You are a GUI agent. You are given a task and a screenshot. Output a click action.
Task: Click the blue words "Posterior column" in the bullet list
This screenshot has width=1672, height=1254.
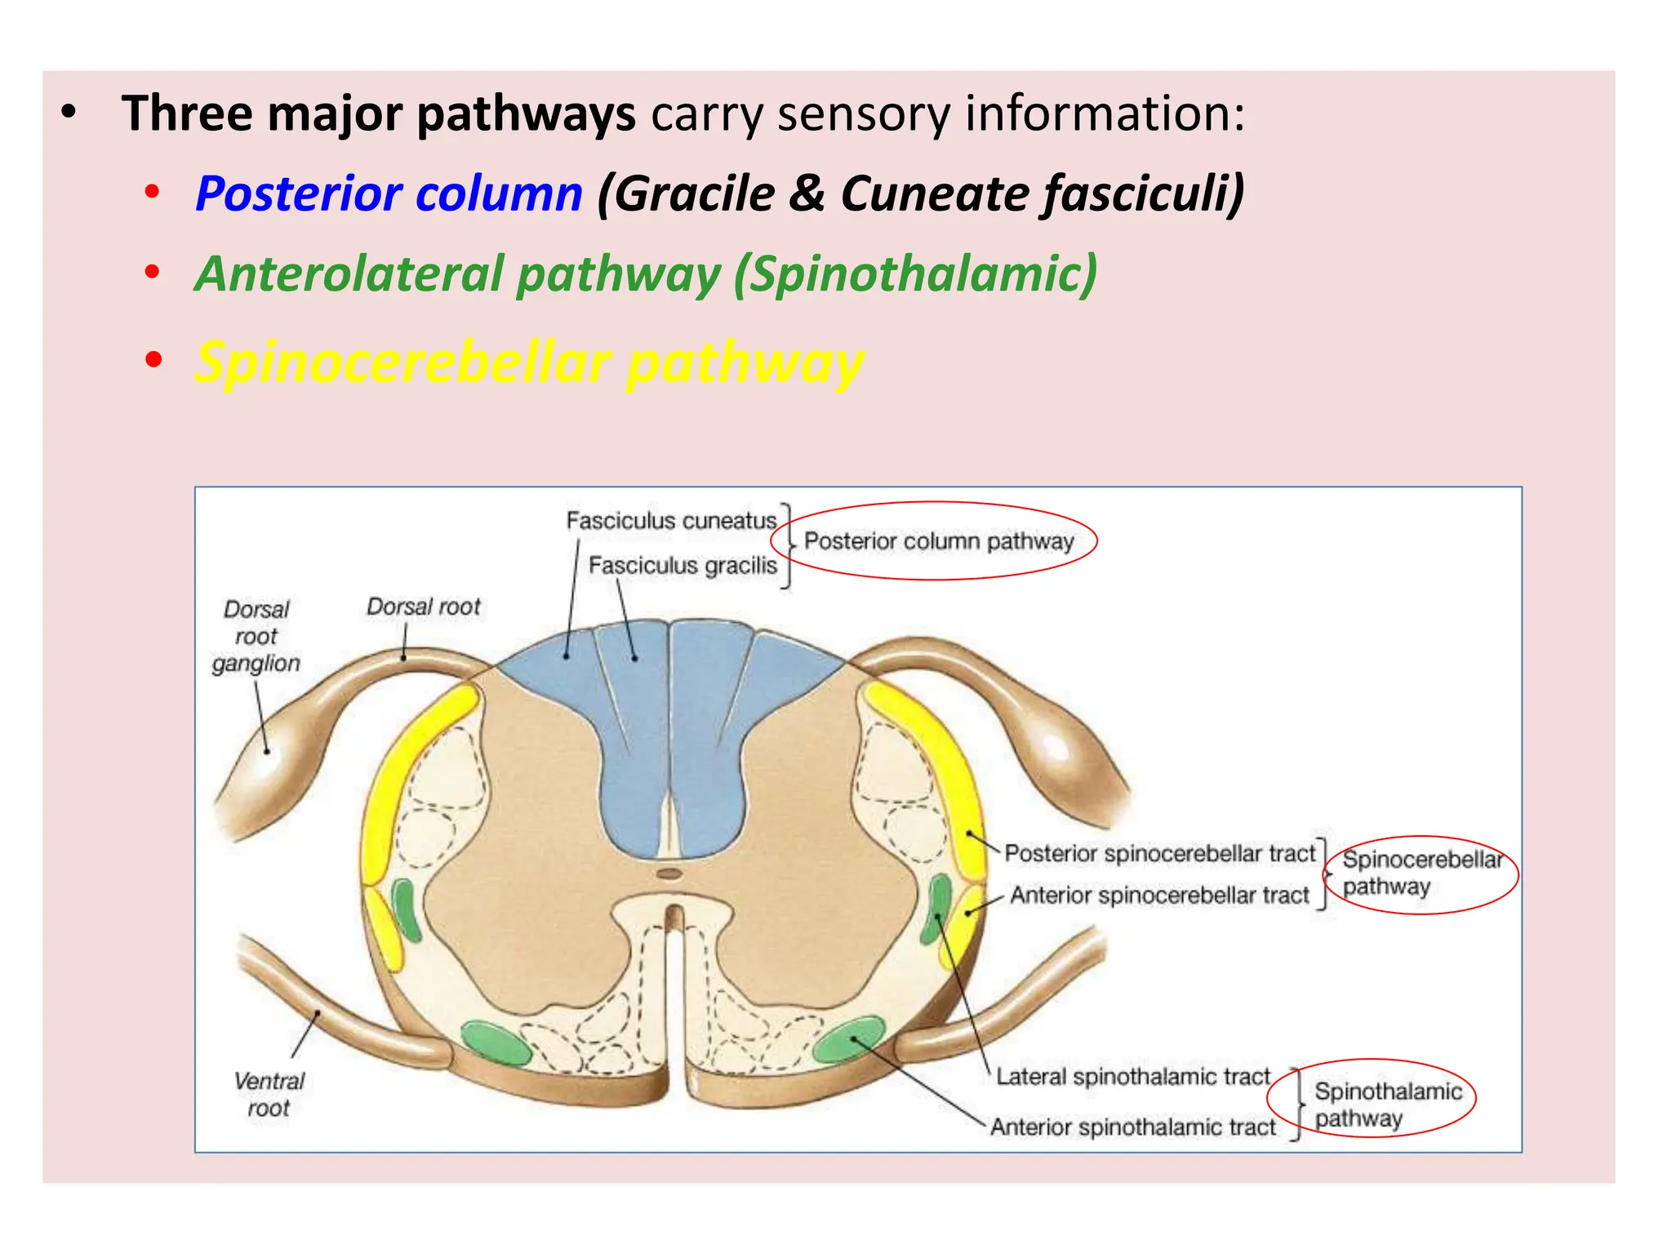[x=389, y=194]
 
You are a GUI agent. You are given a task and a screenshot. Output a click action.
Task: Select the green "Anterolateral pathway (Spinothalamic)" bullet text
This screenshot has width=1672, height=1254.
[x=646, y=273]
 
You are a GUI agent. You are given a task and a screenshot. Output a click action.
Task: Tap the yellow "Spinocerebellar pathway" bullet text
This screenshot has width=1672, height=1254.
[x=529, y=362]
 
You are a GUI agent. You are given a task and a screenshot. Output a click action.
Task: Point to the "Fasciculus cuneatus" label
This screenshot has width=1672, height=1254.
[x=671, y=521]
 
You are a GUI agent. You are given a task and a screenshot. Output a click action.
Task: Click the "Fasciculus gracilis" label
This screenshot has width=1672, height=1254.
[x=683, y=565]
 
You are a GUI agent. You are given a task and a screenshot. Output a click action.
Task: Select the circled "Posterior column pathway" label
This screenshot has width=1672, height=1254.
[x=939, y=541]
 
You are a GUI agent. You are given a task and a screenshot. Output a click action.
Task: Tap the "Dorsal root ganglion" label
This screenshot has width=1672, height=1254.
[x=256, y=636]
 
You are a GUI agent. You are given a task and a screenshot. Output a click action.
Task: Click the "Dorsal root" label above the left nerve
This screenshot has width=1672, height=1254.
[x=424, y=607]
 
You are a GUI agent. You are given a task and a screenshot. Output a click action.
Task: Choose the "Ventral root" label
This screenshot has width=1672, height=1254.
[x=269, y=1094]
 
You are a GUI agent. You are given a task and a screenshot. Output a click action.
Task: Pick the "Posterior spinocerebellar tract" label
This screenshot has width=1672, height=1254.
[x=1160, y=853]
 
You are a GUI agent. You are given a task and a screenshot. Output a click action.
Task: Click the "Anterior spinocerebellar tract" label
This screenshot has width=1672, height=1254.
[x=1159, y=896]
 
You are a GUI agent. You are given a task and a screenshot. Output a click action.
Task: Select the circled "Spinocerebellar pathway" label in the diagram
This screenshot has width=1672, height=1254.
[x=1421, y=873]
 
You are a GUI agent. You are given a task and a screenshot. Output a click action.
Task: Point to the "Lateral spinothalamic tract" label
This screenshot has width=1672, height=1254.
[x=1133, y=1077]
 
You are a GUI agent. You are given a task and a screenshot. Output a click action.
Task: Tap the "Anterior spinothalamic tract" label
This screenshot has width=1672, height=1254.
[x=1133, y=1127]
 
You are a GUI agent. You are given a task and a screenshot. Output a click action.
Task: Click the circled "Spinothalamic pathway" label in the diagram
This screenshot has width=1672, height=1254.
[x=1386, y=1104]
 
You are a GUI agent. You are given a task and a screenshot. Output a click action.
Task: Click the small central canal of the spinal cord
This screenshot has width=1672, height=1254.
[x=669, y=874]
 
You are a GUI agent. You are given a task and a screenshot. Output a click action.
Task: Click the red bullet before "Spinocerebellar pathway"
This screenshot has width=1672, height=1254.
[x=153, y=360]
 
